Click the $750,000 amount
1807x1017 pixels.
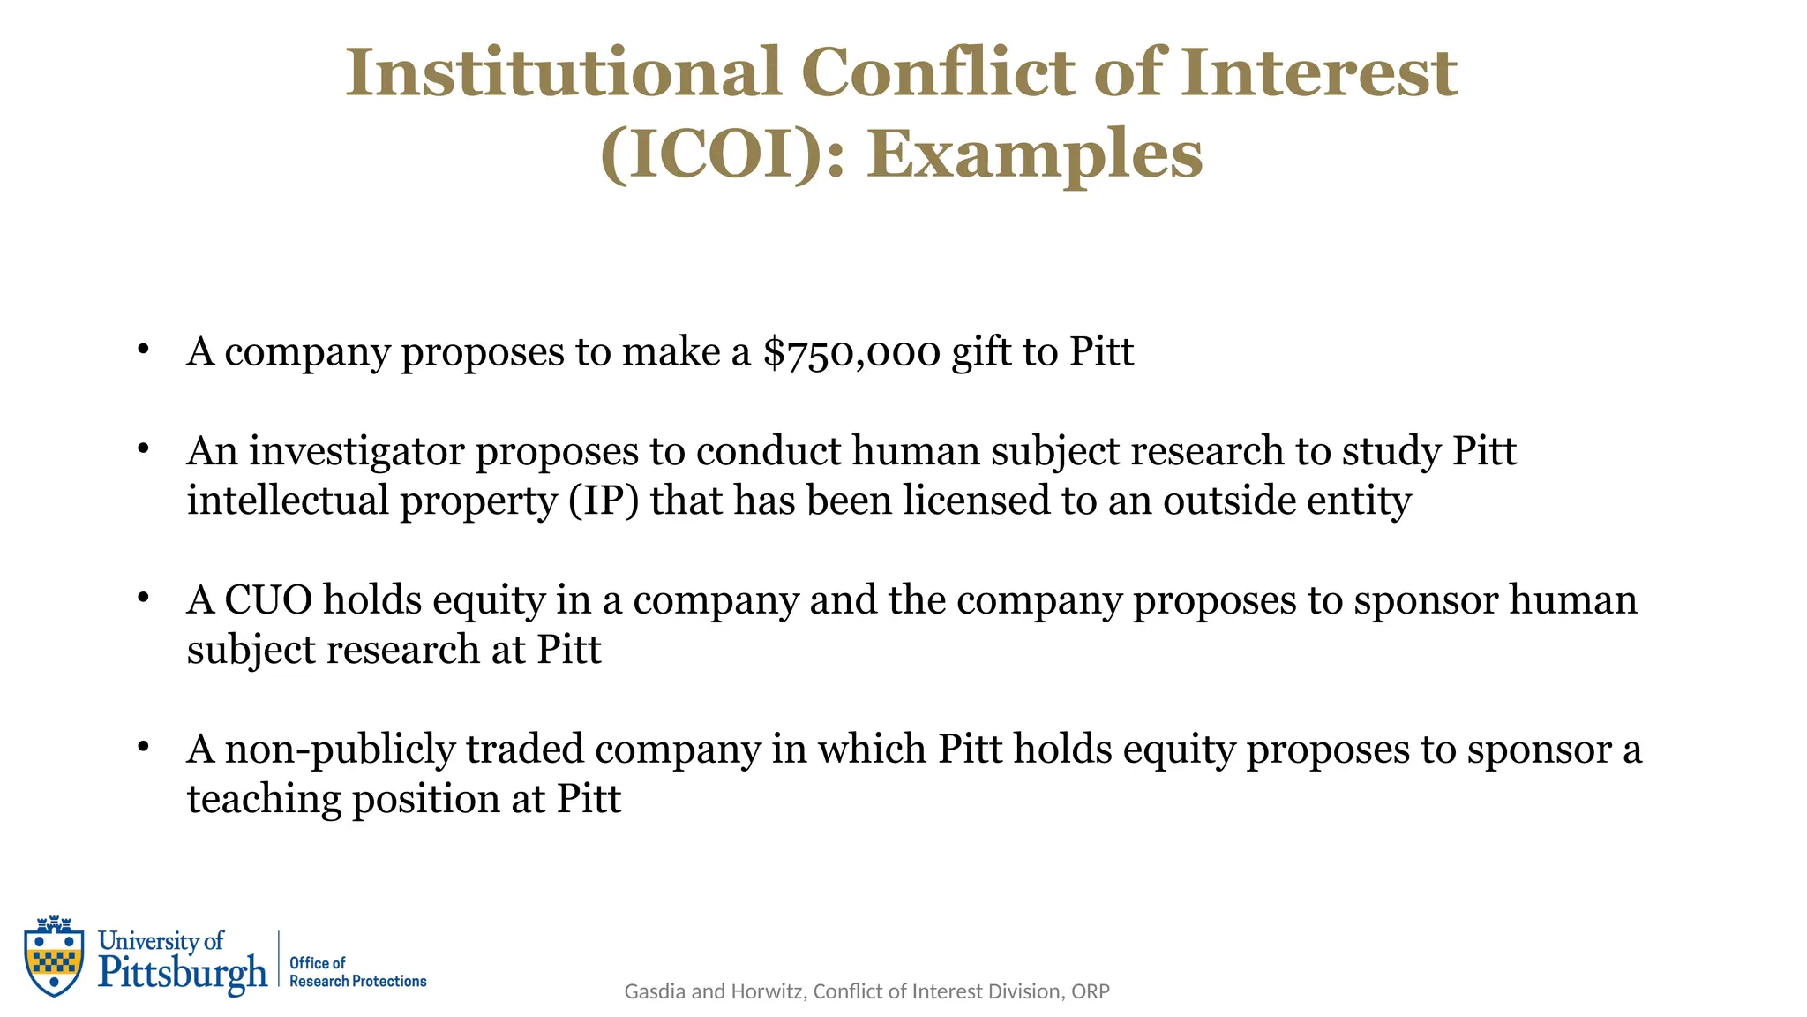click(x=851, y=351)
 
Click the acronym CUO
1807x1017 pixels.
click(x=268, y=600)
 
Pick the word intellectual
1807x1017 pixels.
click(x=288, y=501)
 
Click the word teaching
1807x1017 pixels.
click(x=264, y=799)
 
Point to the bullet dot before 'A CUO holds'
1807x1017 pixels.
click(x=143, y=598)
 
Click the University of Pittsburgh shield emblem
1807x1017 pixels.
click(x=55, y=956)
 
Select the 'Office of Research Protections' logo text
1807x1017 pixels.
click(x=357, y=972)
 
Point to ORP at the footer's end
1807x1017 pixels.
click(x=1090, y=991)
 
